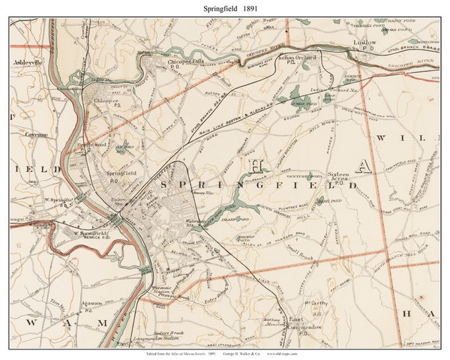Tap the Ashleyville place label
29,64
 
